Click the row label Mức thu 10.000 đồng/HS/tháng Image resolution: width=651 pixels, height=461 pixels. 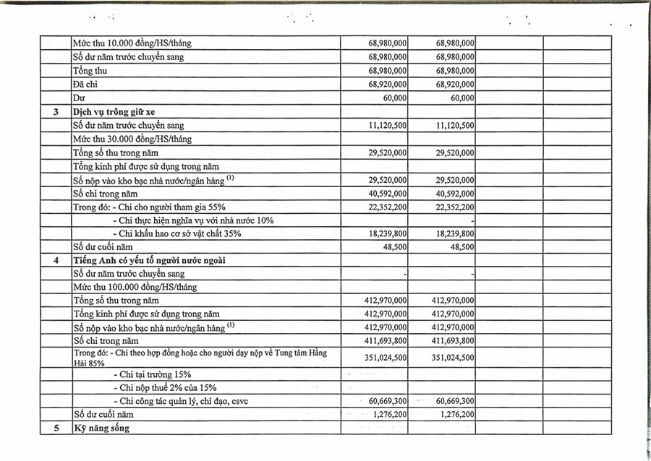132,43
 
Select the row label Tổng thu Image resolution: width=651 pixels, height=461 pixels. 90,71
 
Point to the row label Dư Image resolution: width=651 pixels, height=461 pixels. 79,98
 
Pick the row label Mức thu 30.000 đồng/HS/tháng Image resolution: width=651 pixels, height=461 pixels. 132,139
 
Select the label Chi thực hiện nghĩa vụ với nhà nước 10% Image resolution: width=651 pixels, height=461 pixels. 194,220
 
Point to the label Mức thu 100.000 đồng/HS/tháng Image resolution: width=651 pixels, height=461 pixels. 135,287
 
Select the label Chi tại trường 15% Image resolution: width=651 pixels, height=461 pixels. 153,374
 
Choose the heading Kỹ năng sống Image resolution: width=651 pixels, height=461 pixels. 101,428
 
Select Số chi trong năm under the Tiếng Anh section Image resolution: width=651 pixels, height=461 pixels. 106,340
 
